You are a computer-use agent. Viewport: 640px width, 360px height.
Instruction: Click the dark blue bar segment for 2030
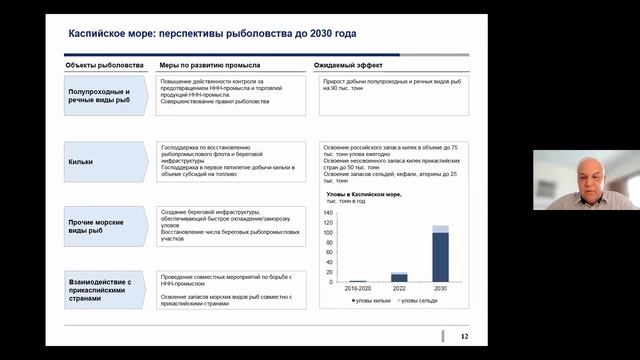pyautogui.click(x=440, y=257)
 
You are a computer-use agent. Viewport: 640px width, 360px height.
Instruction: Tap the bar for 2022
pyautogui.click(x=399, y=277)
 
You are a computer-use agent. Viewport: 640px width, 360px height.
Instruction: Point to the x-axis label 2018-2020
pyautogui.click(x=357, y=288)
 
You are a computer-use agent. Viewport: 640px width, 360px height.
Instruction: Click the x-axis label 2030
pyautogui.click(x=440, y=288)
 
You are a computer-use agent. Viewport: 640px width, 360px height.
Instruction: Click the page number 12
pyautogui.click(x=463, y=335)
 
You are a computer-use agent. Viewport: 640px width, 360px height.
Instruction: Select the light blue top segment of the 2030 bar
pyautogui.click(x=440, y=229)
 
